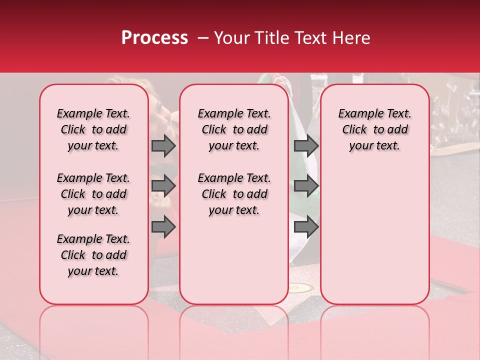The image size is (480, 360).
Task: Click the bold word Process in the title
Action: [x=154, y=38]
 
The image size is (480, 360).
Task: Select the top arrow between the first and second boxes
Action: [x=163, y=145]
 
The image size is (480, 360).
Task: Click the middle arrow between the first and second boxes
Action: [x=163, y=186]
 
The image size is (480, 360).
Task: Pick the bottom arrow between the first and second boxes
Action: [x=163, y=227]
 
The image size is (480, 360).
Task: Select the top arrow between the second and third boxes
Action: [x=306, y=145]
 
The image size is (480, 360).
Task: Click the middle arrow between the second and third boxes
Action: [x=306, y=186]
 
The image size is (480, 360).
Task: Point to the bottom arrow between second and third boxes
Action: [x=306, y=227]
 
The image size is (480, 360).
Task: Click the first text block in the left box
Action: [x=93, y=129]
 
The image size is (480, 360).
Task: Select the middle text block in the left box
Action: [x=93, y=194]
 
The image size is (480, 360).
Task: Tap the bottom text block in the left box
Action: [x=93, y=255]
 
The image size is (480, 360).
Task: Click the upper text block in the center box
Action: [x=234, y=129]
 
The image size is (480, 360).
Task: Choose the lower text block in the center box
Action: [x=234, y=194]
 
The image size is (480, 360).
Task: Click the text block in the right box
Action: [x=375, y=129]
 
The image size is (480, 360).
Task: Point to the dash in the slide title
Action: [x=203, y=38]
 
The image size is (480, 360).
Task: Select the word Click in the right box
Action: [x=354, y=130]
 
